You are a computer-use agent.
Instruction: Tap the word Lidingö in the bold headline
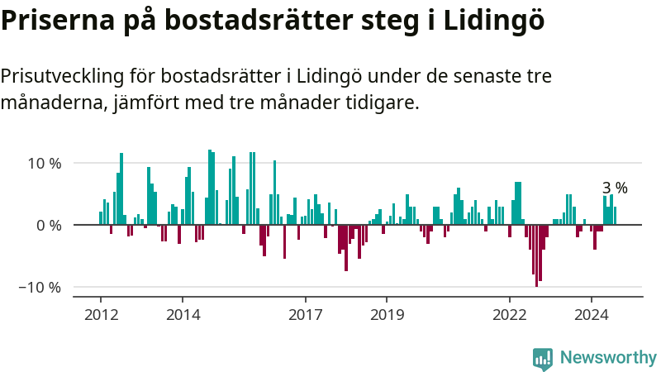click(495, 21)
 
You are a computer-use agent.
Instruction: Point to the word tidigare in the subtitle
click(385, 103)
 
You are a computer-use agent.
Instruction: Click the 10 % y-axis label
click(44, 163)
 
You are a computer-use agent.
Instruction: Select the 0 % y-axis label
click(49, 225)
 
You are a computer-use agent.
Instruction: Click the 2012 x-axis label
click(101, 314)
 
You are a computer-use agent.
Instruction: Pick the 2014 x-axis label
click(183, 314)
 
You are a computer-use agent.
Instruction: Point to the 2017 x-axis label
click(305, 314)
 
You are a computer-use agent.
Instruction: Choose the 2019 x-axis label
click(387, 314)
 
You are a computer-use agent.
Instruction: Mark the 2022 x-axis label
click(509, 314)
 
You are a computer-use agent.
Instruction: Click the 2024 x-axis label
click(591, 314)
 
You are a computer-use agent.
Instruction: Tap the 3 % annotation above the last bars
click(615, 188)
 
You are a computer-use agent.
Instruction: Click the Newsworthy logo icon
click(543, 358)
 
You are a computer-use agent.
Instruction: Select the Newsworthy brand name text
click(608, 358)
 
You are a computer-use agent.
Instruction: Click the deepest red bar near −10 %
click(536, 255)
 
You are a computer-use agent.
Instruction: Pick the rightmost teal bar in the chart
click(615, 216)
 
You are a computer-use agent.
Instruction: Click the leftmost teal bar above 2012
click(101, 218)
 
